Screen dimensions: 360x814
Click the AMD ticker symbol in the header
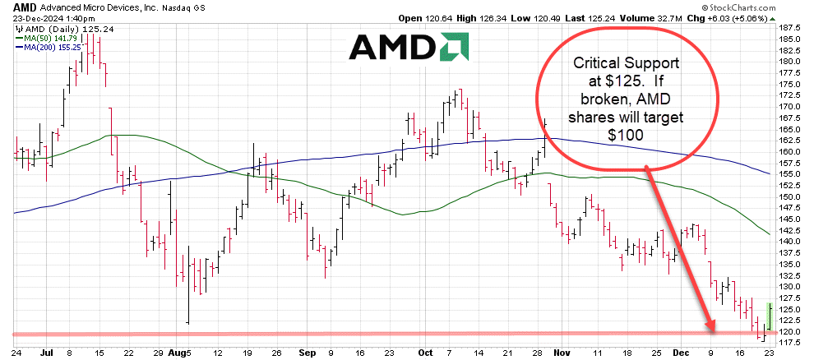pos(14,6)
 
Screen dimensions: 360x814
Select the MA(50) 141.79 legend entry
pos(46,37)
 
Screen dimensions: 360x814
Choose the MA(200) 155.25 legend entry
pos(49,47)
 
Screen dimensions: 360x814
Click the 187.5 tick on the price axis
pos(790,27)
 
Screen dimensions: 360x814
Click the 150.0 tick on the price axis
pos(790,196)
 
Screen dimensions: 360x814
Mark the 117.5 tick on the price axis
pos(790,343)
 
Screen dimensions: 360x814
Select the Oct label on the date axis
pos(425,352)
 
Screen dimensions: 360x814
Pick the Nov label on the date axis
pos(561,352)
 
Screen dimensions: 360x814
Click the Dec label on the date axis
pos(682,352)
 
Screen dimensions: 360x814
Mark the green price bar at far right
pos(769,315)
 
